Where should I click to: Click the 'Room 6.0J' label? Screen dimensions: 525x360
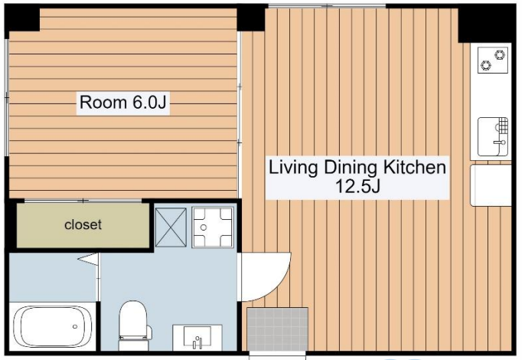point(123,102)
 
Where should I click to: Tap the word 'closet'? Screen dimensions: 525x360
point(83,224)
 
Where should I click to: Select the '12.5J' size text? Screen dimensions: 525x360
point(357,186)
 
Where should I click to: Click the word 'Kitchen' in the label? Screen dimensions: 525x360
point(415,167)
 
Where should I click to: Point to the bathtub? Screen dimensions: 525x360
point(53,326)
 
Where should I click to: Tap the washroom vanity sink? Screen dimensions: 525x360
point(197,337)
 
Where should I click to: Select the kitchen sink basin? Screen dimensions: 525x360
point(493,137)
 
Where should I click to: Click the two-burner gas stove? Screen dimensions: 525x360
point(493,60)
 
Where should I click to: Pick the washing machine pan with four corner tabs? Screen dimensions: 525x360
point(212,227)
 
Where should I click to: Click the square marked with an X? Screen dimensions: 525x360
point(171,227)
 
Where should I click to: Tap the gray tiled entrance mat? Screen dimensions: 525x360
point(278,329)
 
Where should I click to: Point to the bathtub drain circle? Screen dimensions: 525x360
point(75,326)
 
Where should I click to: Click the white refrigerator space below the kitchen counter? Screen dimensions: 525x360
point(491,185)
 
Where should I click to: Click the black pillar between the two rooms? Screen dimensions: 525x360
point(251,18)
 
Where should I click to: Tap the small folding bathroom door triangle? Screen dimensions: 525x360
point(88,260)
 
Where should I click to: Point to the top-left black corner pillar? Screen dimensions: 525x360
point(22,19)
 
